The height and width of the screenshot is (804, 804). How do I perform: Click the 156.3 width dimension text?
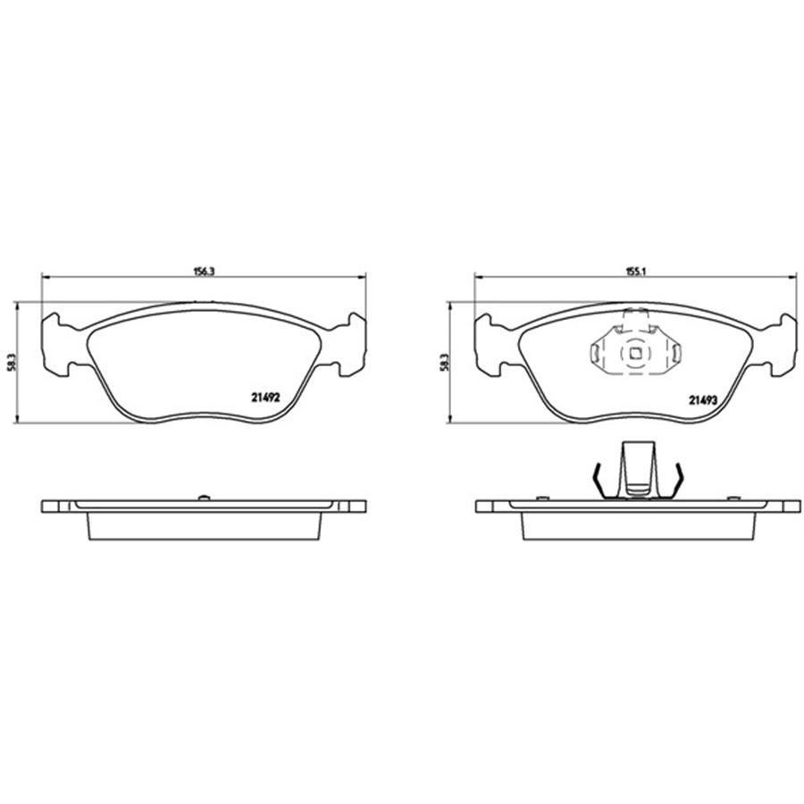coord(203,272)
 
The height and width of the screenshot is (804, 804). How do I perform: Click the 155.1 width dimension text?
coord(636,272)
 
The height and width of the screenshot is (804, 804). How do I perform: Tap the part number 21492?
coord(265,398)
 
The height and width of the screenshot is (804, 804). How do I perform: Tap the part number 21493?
coord(702,400)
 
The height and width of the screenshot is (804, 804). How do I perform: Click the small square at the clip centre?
coord(635,353)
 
